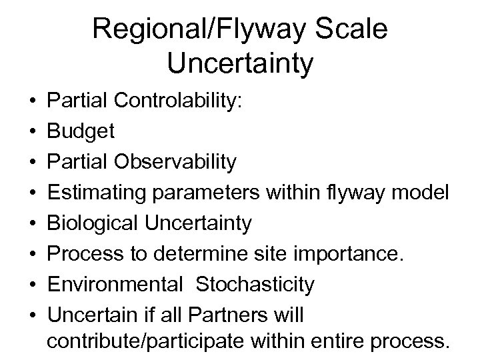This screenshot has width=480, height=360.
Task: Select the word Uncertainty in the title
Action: click(240, 65)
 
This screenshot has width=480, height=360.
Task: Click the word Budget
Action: click(81, 131)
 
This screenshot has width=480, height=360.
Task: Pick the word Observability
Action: click(179, 162)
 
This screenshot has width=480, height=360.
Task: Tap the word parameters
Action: click(213, 193)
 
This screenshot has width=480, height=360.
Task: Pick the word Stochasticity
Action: click(255, 285)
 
